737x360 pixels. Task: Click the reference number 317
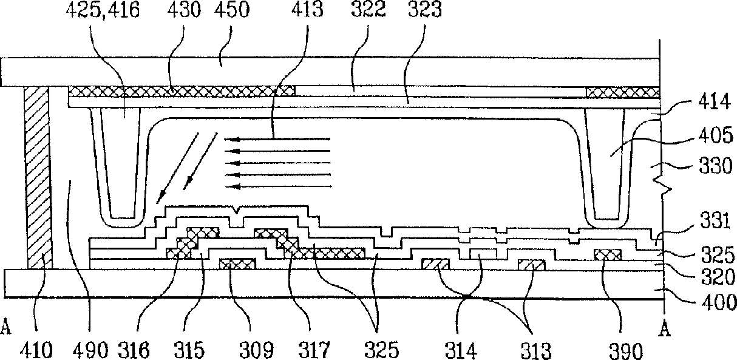coord(314,350)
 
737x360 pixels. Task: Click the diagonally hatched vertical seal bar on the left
coord(38,177)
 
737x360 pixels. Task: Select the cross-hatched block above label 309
coord(237,264)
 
